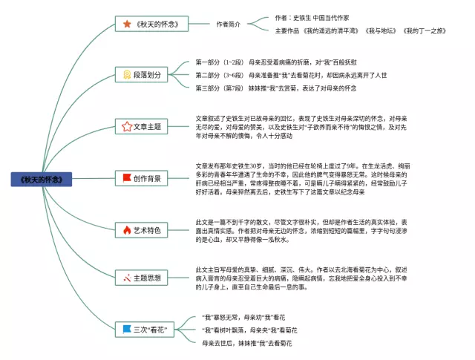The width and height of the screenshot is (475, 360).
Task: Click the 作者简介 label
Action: pyautogui.click(x=228, y=24)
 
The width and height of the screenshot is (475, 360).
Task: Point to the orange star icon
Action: pyautogui.click(x=127, y=24)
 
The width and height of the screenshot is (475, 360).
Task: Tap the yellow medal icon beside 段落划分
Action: pyautogui.click(x=128, y=75)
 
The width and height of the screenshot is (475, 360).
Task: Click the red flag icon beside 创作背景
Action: pyautogui.click(x=127, y=178)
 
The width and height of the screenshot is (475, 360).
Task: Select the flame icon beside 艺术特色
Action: pyautogui.click(x=127, y=230)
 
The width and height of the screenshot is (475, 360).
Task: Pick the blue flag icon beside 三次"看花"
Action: pyautogui.click(x=127, y=329)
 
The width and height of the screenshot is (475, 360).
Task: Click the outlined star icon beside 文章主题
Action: pyautogui.click(x=127, y=127)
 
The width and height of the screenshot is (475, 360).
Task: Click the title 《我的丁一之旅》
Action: pyautogui.click(x=425, y=30)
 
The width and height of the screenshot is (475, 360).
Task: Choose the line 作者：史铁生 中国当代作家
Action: pyautogui.click(x=312, y=17)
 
